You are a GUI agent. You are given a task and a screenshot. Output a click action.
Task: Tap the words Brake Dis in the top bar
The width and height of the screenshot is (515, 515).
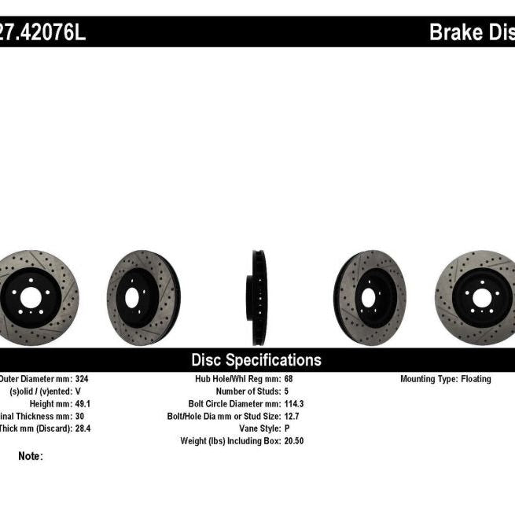click(x=471, y=32)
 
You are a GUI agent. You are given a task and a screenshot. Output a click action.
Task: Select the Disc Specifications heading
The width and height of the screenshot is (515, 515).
click(x=256, y=360)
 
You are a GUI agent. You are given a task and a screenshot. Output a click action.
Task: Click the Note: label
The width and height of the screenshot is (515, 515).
click(x=30, y=456)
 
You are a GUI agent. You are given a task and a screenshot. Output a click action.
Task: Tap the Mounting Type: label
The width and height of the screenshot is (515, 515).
click(x=428, y=379)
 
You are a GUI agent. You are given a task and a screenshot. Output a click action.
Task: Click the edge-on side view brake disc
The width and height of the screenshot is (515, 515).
click(x=259, y=298)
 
